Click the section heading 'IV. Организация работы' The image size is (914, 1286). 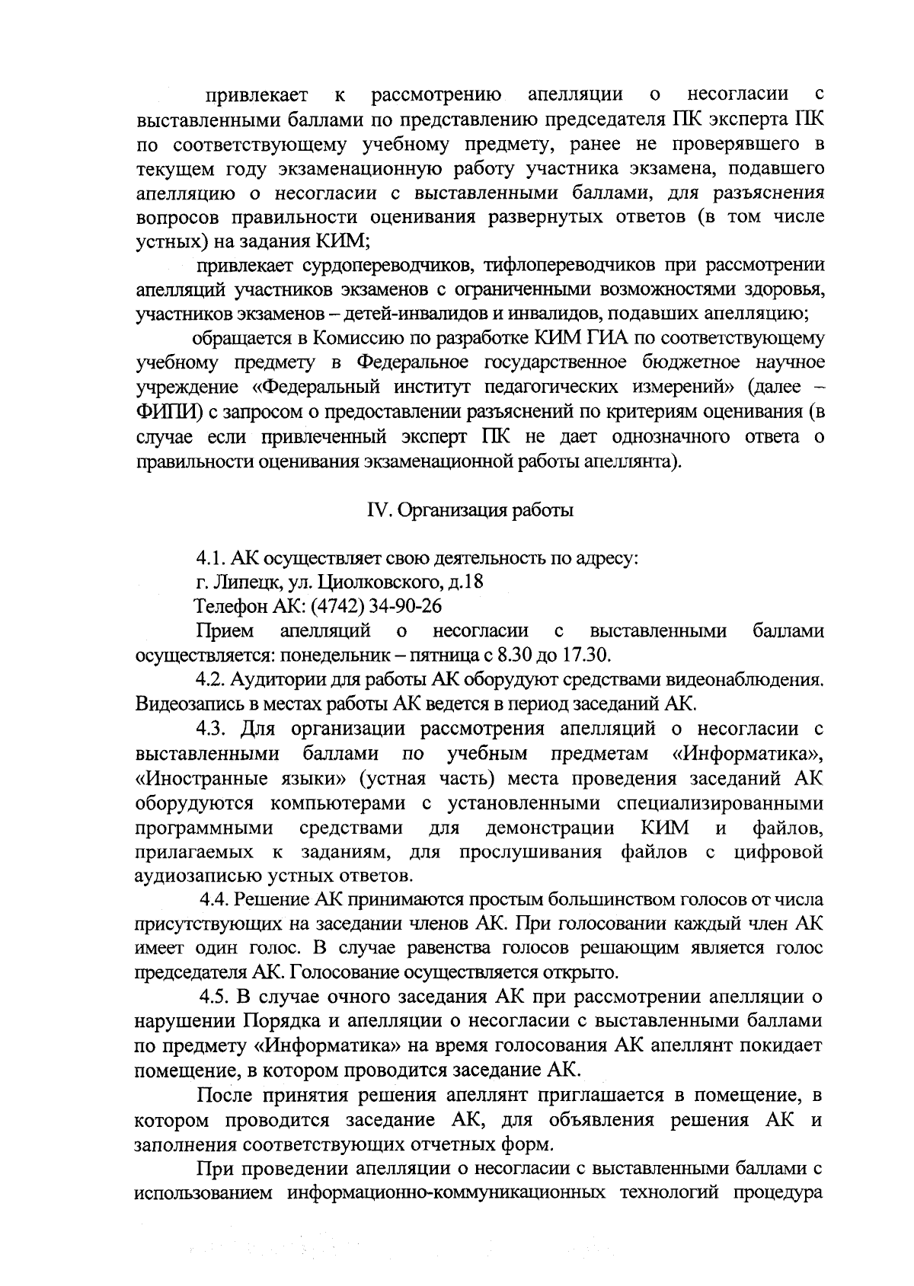click(x=470, y=510)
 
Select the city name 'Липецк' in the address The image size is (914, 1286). click(x=241, y=583)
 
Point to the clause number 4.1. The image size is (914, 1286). click(x=210, y=559)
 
